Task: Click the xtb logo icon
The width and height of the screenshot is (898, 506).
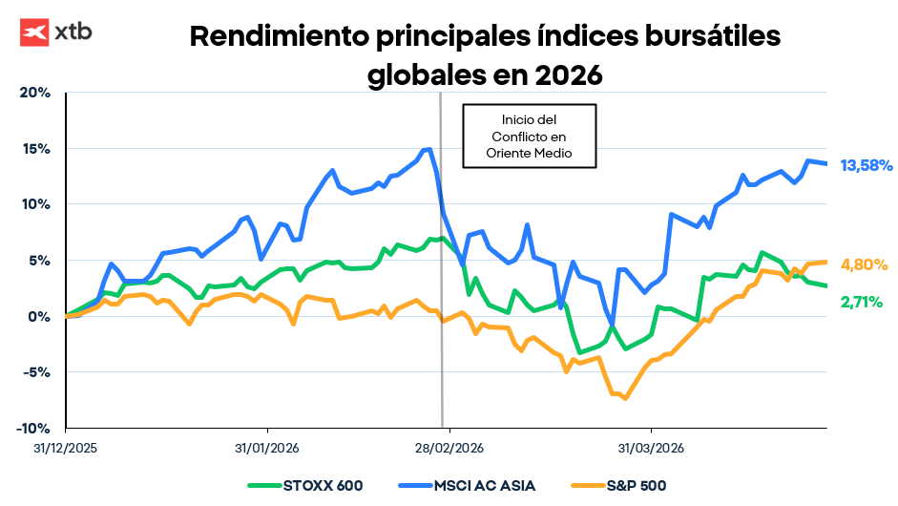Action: (x=34, y=32)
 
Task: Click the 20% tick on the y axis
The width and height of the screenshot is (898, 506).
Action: (x=35, y=93)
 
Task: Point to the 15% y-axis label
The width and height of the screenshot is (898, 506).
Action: (x=35, y=148)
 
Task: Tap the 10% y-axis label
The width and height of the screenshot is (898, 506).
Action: (x=35, y=204)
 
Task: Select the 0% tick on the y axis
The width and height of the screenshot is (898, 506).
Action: (x=39, y=316)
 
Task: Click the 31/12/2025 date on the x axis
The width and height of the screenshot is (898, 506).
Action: (x=66, y=447)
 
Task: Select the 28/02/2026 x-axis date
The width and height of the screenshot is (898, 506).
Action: (x=449, y=447)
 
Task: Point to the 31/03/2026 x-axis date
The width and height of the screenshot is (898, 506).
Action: (x=651, y=447)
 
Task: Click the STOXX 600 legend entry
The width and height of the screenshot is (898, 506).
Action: (x=305, y=485)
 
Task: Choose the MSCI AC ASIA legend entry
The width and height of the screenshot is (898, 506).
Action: (x=463, y=485)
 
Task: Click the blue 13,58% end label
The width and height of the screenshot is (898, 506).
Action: (x=866, y=165)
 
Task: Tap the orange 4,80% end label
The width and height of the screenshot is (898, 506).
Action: (x=864, y=264)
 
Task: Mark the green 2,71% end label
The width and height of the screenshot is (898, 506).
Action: (x=862, y=302)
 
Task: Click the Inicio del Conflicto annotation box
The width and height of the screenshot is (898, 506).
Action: (x=529, y=136)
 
